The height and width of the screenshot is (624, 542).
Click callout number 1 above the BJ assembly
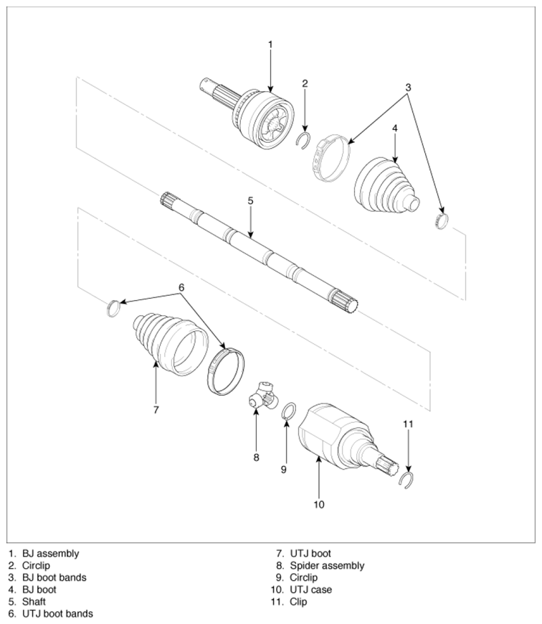point(270,45)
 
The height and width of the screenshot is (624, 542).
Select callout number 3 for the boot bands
point(408,87)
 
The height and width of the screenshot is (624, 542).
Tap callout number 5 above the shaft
point(250,201)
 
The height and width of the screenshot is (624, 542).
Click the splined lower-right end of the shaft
point(344,302)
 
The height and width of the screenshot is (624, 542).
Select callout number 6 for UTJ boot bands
point(181,287)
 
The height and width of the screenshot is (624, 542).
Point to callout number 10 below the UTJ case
point(319,505)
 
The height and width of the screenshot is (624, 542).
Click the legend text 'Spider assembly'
point(327,566)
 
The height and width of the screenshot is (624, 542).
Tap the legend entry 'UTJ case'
point(310,590)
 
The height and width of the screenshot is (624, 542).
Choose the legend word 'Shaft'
point(34,601)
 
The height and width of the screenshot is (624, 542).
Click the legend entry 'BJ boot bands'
point(54,577)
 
